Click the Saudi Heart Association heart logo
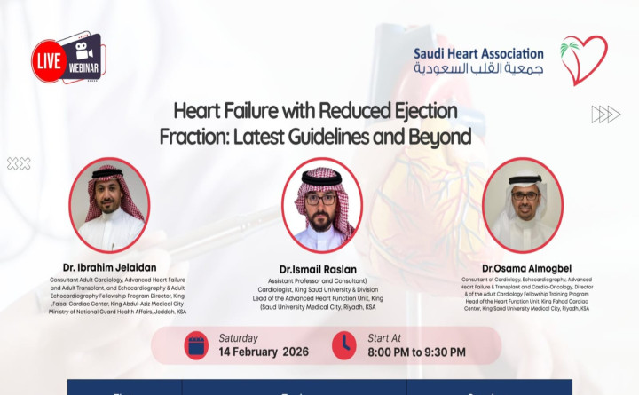click(584, 59)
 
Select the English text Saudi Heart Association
click(478, 52)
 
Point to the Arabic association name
click(478, 69)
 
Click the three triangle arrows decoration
click(605, 114)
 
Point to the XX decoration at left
click(19, 163)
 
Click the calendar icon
click(196, 345)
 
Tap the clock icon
click(343, 345)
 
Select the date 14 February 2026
click(263, 352)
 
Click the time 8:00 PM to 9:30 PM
click(415, 352)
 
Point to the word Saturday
click(239, 337)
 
